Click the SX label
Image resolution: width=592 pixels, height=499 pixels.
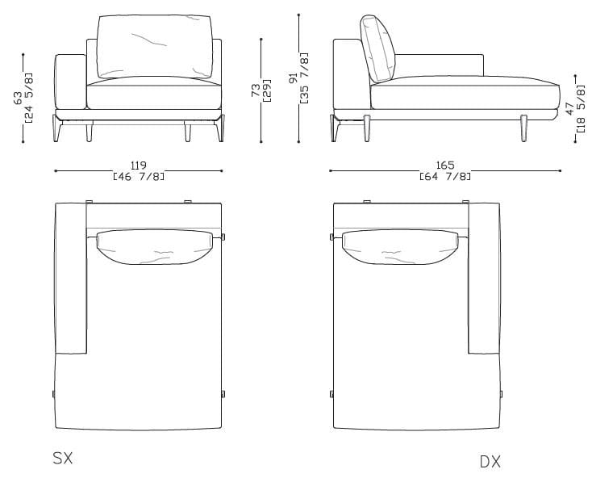(x=63, y=459)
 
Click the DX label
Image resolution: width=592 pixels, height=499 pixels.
(x=490, y=462)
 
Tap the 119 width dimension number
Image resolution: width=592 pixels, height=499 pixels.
(x=138, y=166)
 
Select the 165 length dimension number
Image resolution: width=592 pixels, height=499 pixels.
(x=445, y=166)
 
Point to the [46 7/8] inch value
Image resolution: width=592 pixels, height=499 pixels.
(x=138, y=175)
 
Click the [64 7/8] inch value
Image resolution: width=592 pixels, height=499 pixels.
(x=445, y=175)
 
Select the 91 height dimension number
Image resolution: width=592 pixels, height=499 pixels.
(x=294, y=78)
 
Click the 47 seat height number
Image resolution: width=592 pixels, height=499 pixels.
(x=570, y=107)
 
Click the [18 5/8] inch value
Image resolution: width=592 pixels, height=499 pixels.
(x=581, y=107)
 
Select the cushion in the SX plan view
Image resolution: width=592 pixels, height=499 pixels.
(x=156, y=247)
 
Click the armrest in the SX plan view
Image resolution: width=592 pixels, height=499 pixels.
(x=70, y=279)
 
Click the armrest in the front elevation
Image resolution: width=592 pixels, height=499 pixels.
(x=69, y=82)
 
